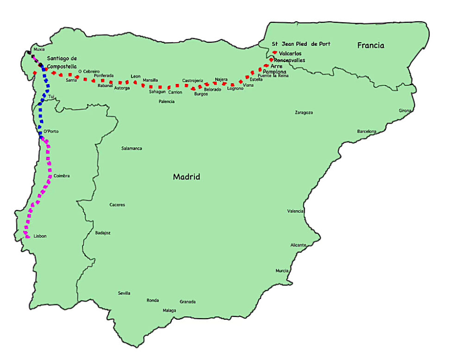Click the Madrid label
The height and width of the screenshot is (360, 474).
coord(187,177)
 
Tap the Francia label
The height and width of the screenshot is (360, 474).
coord(370,45)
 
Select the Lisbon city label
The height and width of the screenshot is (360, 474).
coord(40,236)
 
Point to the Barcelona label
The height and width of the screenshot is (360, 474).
coord(367,131)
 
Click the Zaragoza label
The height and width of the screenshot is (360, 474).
coord(304,113)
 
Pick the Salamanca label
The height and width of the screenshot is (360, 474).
coord(131,148)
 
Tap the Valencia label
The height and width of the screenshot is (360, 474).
coord(295,211)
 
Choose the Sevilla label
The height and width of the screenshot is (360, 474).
coord(124,293)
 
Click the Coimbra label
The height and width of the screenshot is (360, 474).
coord(62,176)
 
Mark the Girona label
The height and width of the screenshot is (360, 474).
coord(405,110)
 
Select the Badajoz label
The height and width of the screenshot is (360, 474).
coord(103,233)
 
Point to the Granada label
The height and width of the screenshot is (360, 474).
coord(187,302)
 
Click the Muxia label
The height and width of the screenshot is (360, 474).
coord(39,49)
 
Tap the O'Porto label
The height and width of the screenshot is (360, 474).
coord(51,132)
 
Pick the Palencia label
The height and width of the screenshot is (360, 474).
coord(166,101)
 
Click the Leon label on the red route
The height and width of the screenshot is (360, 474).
coord(136,76)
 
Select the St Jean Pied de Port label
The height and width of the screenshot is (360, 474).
coord(301,44)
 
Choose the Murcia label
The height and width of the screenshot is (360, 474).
coord(282,271)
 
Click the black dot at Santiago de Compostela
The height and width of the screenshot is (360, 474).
coord(41,64)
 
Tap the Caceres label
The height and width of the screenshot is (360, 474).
coord(117,205)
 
